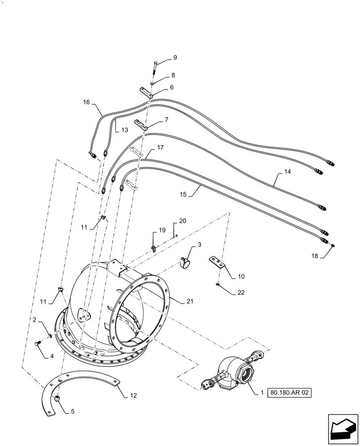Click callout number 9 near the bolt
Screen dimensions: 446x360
tap(175, 58)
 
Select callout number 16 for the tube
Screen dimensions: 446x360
tap(86, 102)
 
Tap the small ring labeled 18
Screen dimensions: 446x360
tap(332, 244)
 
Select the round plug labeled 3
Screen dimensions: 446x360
tap(184, 263)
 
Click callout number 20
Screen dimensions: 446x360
tap(183, 220)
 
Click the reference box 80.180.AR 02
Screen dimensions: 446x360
tap(289, 393)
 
